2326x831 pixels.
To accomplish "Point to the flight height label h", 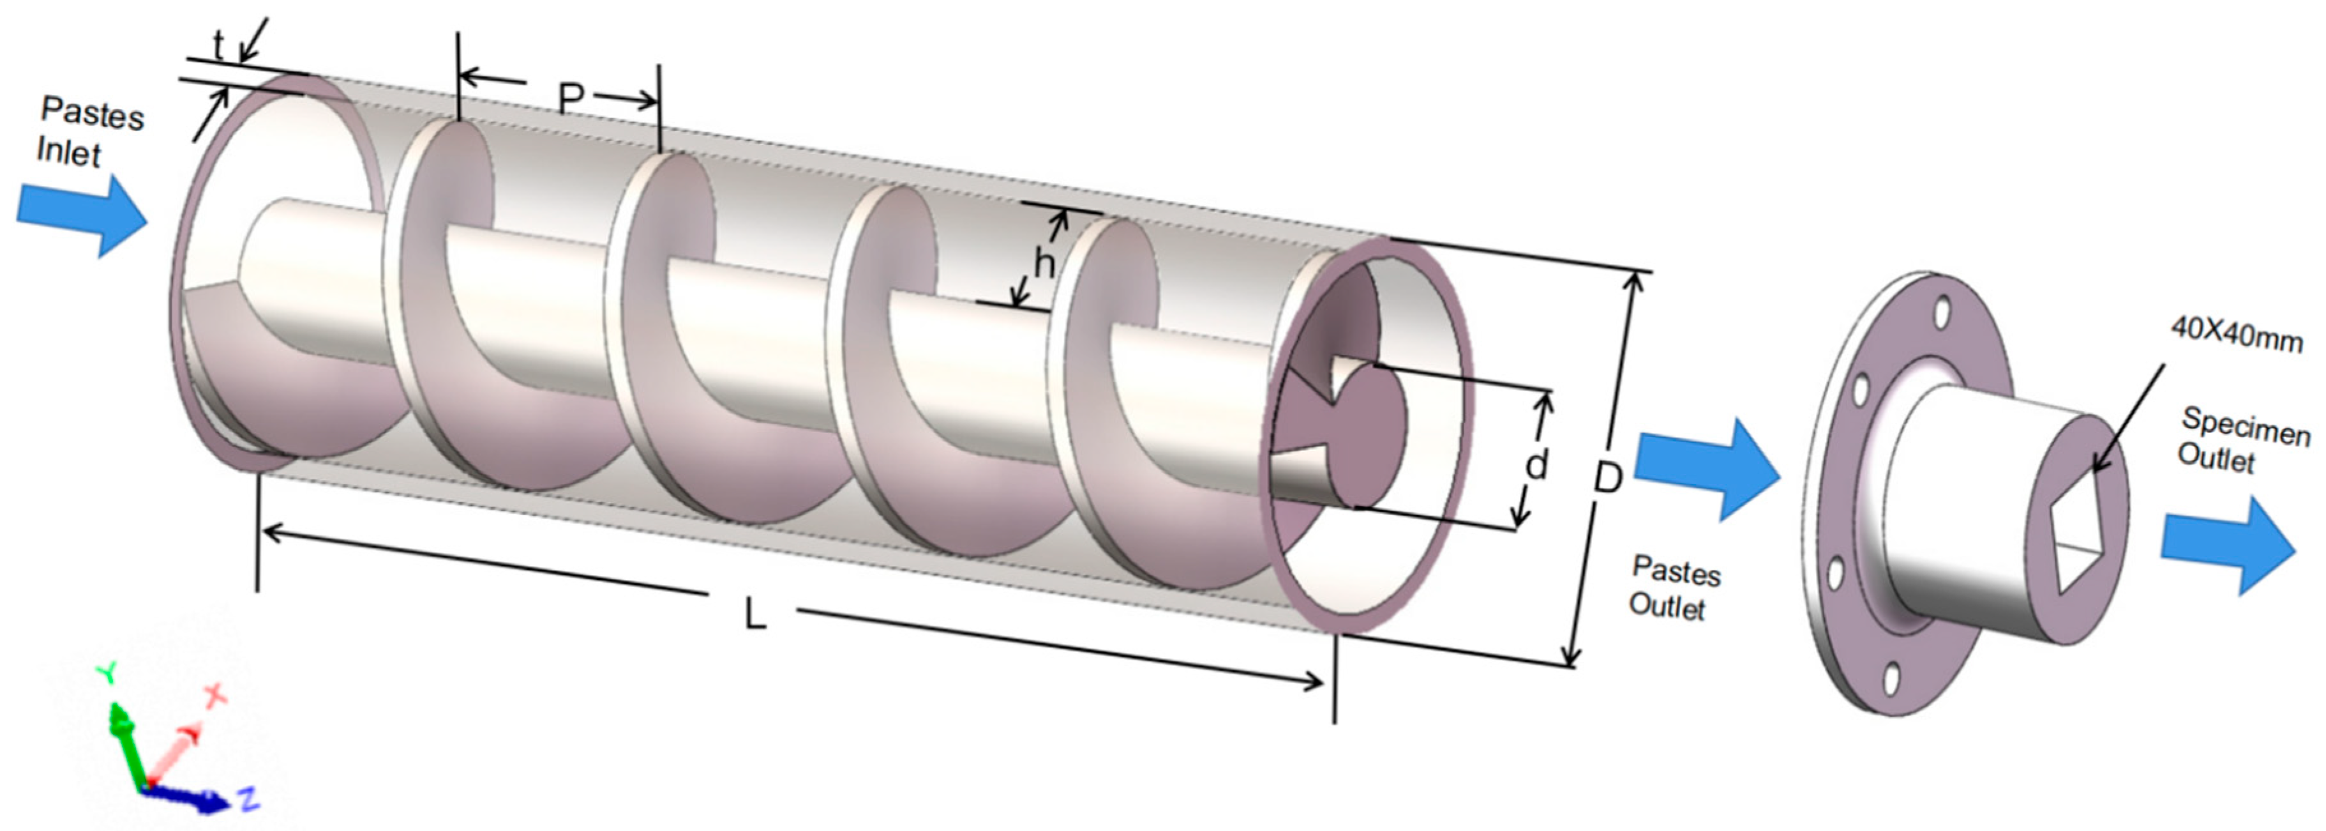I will click(1044, 264).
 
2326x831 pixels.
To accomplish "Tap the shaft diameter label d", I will click(1536, 464).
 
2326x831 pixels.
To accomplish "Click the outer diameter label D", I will click(1607, 477).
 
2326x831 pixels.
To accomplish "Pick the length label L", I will click(755, 615).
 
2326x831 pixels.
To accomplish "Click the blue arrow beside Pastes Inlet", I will click(81, 215).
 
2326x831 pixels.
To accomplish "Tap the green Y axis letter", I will click(107, 674).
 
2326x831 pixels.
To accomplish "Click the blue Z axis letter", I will click(248, 798).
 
